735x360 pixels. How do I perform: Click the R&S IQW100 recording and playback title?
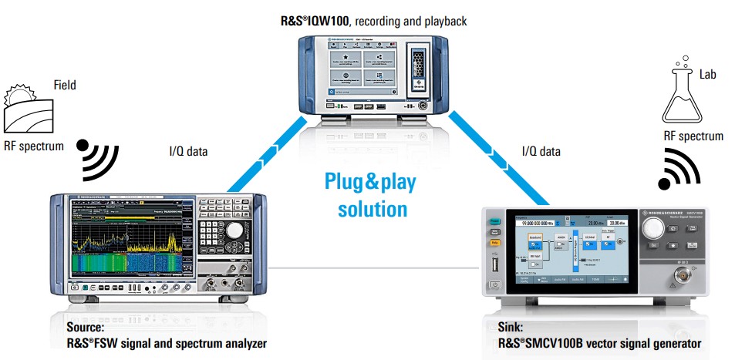tap(373, 21)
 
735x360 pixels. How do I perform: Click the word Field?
tap(65, 86)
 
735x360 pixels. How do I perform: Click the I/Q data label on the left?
tap(187, 151)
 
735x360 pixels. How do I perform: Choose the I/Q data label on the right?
tap(541, 151)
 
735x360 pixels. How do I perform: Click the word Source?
tap(86, 327)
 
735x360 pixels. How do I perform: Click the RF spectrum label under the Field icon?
tap(32, 146)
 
